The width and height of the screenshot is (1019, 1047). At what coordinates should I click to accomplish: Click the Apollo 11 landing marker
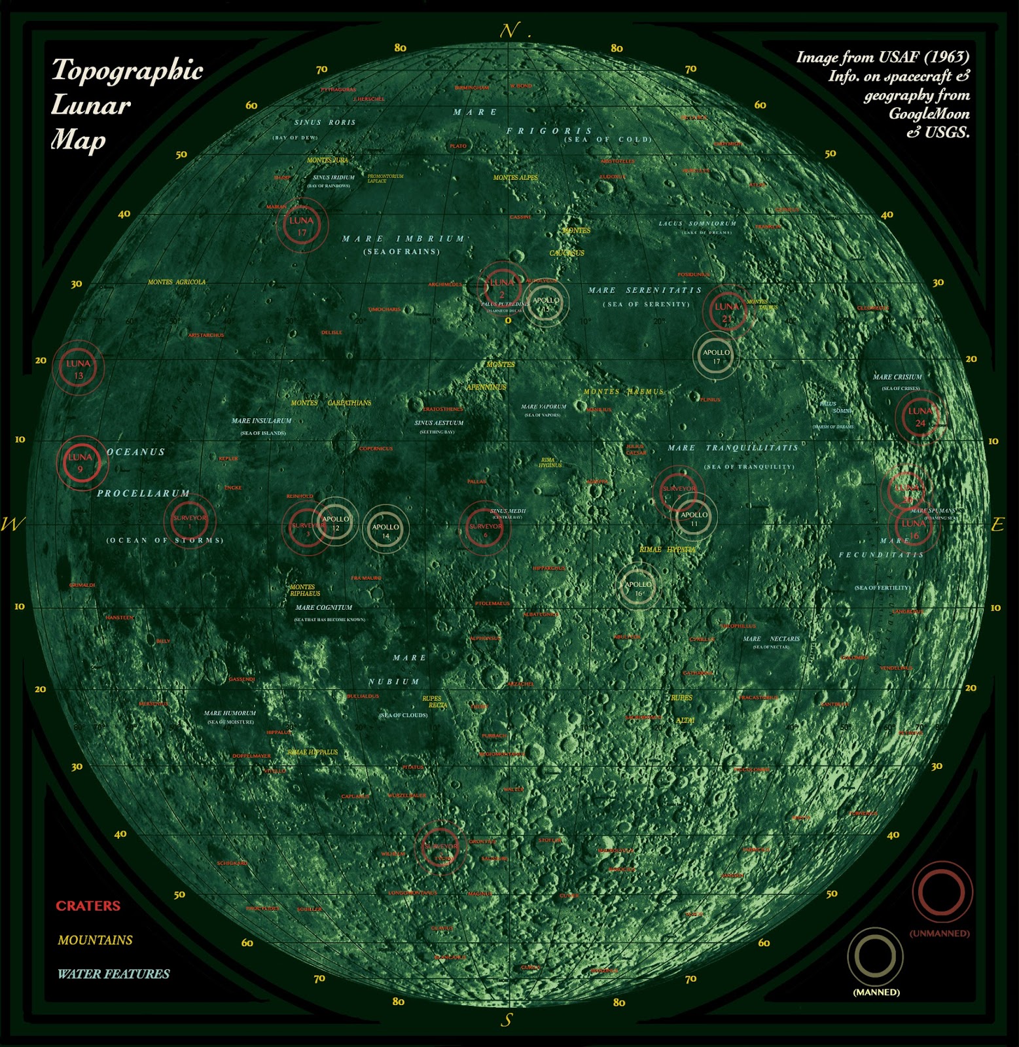[x=694, y=518]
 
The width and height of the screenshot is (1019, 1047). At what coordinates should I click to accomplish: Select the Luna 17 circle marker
[x=301, y=226]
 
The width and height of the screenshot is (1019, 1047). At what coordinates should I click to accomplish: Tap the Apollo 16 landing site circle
[x=637, y=588]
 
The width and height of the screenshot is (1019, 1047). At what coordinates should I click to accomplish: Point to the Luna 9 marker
[x=80, y=462]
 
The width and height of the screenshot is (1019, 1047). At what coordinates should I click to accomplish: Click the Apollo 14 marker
[x=385, y=531]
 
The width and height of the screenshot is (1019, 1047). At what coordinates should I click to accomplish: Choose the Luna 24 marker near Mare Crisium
[x=920, y=417]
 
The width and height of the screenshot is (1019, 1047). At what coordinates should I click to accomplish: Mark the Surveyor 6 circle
[x=485, y=529]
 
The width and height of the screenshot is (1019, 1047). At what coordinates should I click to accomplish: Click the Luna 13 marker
[x=79, y=369]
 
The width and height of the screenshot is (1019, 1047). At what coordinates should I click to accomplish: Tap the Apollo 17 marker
[x=716, y=355]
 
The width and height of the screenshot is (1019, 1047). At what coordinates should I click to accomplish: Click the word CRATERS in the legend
[x=88, y=906]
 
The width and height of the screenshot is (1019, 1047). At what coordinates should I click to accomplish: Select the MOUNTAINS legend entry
[x=95, y=940]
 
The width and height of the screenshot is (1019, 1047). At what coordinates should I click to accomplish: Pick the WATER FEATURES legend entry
[x=113, y=974]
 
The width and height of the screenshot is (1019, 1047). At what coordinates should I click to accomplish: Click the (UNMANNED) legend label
[x=939, y=933]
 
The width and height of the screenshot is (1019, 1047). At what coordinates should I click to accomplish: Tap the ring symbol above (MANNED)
[x=875, y=957]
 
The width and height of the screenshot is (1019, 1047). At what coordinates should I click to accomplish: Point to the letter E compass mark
[x=997, y=524]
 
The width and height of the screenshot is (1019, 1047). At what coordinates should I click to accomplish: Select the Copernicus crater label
[x=376, y=448]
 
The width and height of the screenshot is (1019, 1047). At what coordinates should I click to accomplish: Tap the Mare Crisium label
[x=897, y=377]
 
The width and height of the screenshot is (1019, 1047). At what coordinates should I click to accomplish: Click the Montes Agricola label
[x=177, y=282]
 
